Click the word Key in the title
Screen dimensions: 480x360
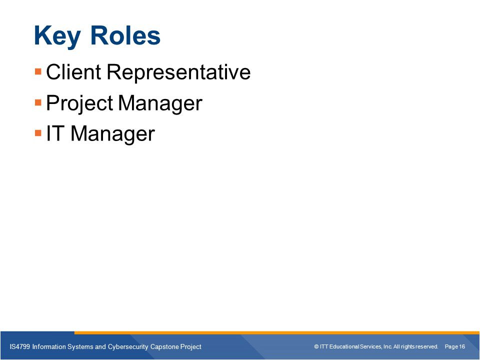(57, 36)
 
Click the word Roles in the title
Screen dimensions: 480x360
(125, 35)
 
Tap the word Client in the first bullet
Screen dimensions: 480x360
(73, 71)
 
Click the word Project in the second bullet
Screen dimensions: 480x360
(79, 103)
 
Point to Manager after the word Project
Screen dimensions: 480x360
(160, 103)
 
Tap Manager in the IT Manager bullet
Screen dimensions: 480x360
(112, 134)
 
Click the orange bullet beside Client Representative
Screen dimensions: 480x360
(38, 71)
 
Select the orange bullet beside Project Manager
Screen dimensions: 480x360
(38, 102)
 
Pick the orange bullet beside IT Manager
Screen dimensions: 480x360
(38, 133)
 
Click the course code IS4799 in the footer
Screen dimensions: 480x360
(20, 346)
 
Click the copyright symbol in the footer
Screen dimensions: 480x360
(316, 346)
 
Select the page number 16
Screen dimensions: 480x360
(461, 346)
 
